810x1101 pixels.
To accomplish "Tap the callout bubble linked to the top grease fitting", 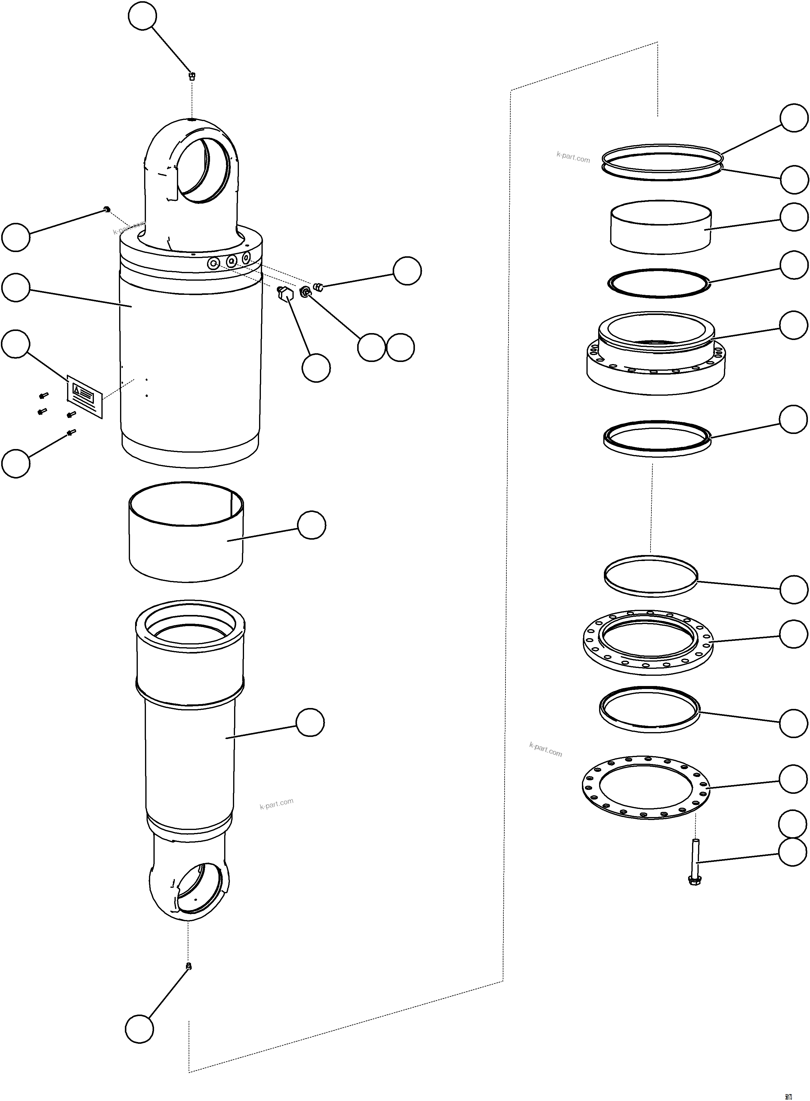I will click(x=142, y=16).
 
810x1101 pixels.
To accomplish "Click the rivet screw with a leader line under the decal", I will click(x=72, y=432).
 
